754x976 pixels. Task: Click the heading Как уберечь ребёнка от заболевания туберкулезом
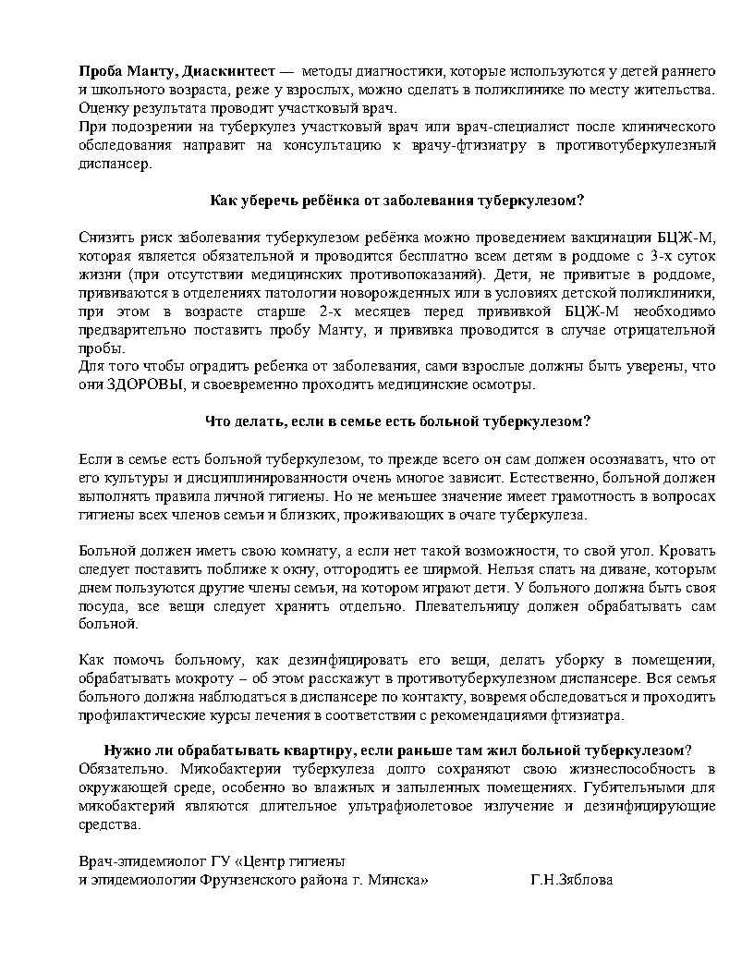coord(397,200)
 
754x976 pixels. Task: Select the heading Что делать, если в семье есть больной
coord(397,421)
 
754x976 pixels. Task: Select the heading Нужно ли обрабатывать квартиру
coord(397,750)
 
